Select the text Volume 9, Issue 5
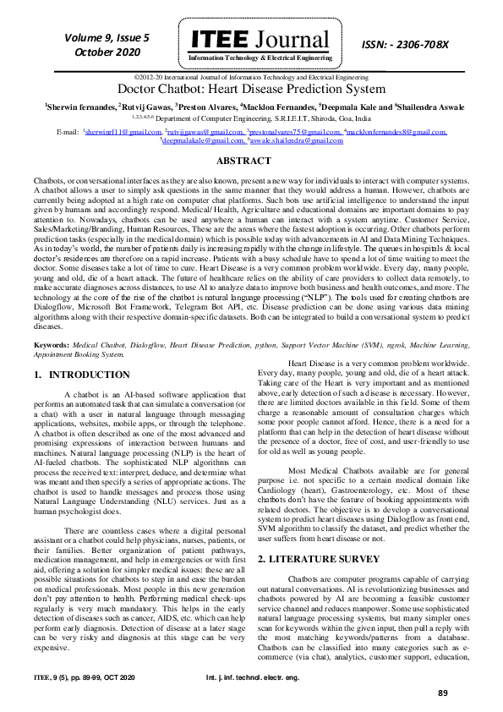pyautogui.click(x=106, y=37)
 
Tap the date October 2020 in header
pyautogui.click(x=106, y=52)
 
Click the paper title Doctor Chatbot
pyautogui.click(x=251, y=88)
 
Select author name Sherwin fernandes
pyautogui.click(x=80, y=107)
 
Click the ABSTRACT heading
pyautogui.click(x=251, y=160)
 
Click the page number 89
pyautogui.click(x=442, y=693)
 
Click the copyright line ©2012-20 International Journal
pyautogui.click(x=251, y=77)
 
